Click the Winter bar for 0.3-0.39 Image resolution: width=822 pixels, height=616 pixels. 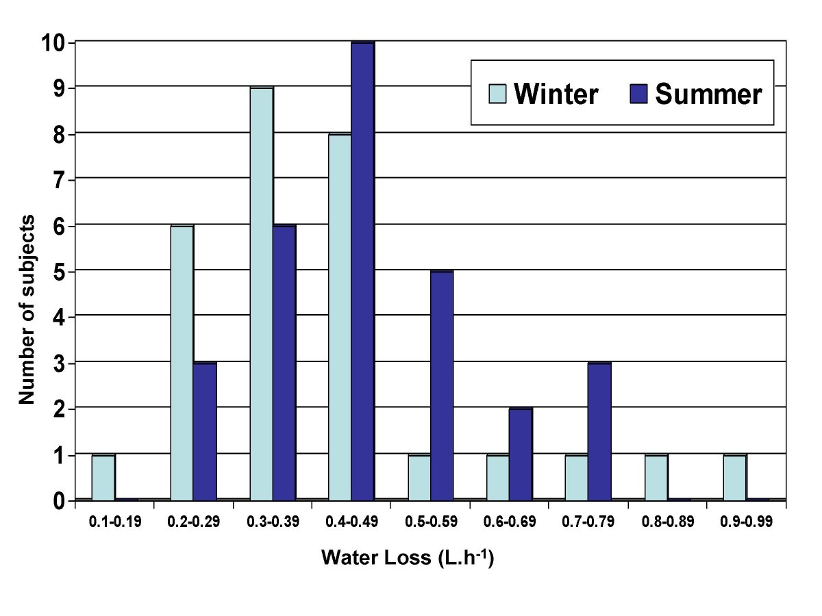(x=261, y=294)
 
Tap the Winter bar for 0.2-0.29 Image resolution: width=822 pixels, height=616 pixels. (x=182, y=363)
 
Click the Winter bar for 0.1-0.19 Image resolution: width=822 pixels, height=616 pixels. (x=103, y=477)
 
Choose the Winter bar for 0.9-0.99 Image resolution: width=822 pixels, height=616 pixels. (x=735, y=477)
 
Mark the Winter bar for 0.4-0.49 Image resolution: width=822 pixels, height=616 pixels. (x=340, y=317)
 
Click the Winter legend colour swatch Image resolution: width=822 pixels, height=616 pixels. (x=498, y=94)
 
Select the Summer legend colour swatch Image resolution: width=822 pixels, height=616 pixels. (x=638, y=94)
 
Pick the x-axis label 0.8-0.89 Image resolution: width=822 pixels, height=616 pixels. (x=667, y=522)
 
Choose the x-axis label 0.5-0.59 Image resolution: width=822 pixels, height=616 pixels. (x=430, y=522)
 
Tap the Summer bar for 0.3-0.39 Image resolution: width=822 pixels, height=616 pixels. (x=284, y=363)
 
